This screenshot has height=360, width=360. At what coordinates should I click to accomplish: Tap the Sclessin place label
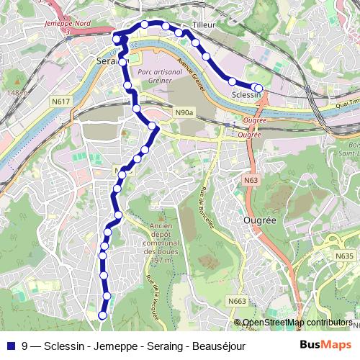pos(246,95)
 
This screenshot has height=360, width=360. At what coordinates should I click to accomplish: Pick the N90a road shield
pos(184,112)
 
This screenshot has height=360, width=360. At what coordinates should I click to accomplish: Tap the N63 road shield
pos(251,180)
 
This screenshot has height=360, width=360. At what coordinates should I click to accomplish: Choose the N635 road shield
pos(345,255)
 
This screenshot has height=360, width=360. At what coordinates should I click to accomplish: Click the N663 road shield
pos(237,301)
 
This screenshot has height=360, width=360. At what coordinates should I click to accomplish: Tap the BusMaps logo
pos(325,345)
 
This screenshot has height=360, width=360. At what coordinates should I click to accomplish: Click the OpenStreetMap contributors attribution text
pos(297,323)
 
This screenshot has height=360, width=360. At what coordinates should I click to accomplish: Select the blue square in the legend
pos(11,346)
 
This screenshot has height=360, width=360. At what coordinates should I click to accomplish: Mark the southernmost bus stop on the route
pos(102,315)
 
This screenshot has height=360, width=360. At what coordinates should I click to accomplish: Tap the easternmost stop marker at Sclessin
pos(259,88)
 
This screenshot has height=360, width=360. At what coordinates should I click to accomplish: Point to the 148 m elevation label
pos(14,93)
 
